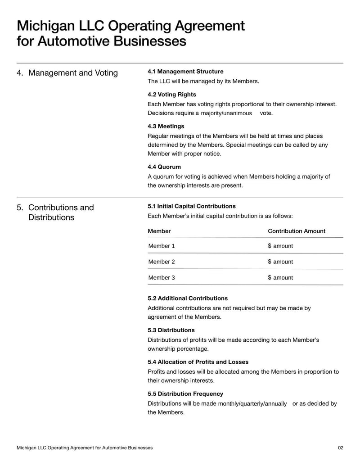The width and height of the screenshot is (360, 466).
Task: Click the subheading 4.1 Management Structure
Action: point(185,72)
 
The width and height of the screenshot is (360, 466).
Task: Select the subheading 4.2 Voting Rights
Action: point(172,95)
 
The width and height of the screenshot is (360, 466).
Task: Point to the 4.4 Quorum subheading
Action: point(164,167)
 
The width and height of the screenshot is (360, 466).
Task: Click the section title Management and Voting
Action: point(73,73)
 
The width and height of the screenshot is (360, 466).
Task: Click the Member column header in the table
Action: point(159,231)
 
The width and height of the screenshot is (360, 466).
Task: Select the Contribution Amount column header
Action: point(297,231)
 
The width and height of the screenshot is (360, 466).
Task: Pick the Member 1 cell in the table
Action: point(162,246)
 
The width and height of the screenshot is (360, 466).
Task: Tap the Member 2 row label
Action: point(162,262)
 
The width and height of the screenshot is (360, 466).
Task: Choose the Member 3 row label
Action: point(162,277)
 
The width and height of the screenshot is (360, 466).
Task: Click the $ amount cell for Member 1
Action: point(280,246)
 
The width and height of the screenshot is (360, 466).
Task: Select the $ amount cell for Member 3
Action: point(280,277)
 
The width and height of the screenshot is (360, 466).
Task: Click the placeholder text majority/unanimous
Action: point(226,113)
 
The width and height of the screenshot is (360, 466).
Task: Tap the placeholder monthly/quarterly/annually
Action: point(252,404)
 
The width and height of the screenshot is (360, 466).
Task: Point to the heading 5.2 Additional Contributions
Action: point(188,298)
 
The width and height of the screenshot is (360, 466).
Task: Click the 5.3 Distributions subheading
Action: point(171,330)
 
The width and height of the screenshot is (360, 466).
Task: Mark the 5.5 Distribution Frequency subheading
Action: point(185,394)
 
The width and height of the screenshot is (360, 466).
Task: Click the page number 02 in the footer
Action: point(341,448)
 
